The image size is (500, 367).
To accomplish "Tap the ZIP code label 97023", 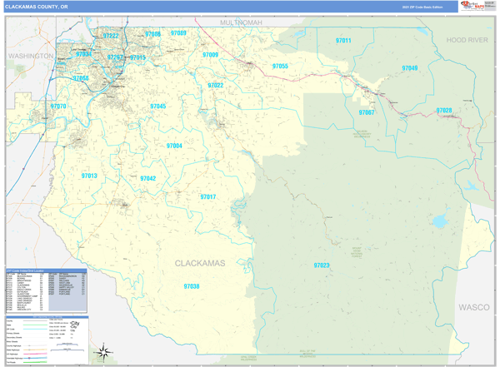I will click(322, 265).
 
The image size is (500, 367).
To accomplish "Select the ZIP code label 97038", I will click(191, 286).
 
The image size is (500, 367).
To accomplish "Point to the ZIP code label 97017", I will click(207, 197).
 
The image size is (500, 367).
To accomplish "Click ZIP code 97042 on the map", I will click(147, 179).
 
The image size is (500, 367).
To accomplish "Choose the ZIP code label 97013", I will click(89, 176).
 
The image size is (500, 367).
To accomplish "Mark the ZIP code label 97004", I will click(174, 146).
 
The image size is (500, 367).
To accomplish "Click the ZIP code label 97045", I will click(157, 107).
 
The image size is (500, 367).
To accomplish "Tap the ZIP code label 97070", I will click(58, 107).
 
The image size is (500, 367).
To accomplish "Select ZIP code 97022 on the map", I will click(215, 85).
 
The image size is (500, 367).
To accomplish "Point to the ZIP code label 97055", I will click(280, 66).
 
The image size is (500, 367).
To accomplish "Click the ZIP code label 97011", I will click(343, 41).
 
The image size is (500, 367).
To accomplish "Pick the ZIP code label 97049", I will click(409, 68).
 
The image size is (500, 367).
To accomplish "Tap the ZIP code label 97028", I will click(444, 110).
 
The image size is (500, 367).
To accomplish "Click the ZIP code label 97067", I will click(367, 112).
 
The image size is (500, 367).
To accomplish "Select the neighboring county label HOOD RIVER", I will click(465, 40).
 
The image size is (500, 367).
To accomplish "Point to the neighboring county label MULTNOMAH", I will click(241, 22).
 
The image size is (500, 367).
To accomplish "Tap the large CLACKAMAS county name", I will click(200, 263).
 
